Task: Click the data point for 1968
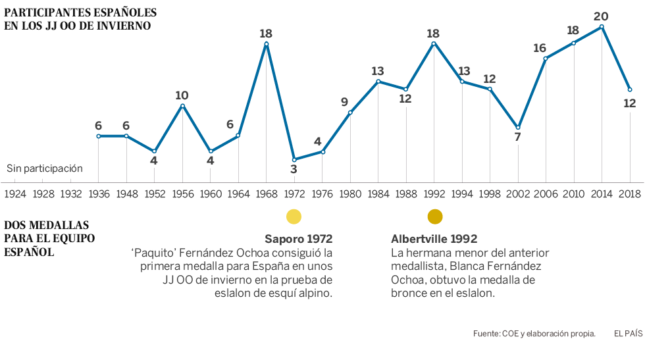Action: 266,44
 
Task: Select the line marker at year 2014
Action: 602,27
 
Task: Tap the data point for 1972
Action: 294,159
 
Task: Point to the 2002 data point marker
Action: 518,127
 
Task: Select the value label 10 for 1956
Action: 182,95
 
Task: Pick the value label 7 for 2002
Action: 518,138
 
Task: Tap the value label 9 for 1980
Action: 344,102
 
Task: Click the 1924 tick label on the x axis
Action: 15,193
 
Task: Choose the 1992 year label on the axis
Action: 434,193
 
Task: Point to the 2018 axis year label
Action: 629,193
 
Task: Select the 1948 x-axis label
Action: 126,193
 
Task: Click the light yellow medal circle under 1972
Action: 294,217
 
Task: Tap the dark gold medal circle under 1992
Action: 435,217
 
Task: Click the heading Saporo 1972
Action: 298,238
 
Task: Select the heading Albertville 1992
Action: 434,238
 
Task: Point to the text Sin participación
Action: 45,168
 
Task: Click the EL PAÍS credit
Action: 628,334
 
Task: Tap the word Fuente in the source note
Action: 486,334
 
